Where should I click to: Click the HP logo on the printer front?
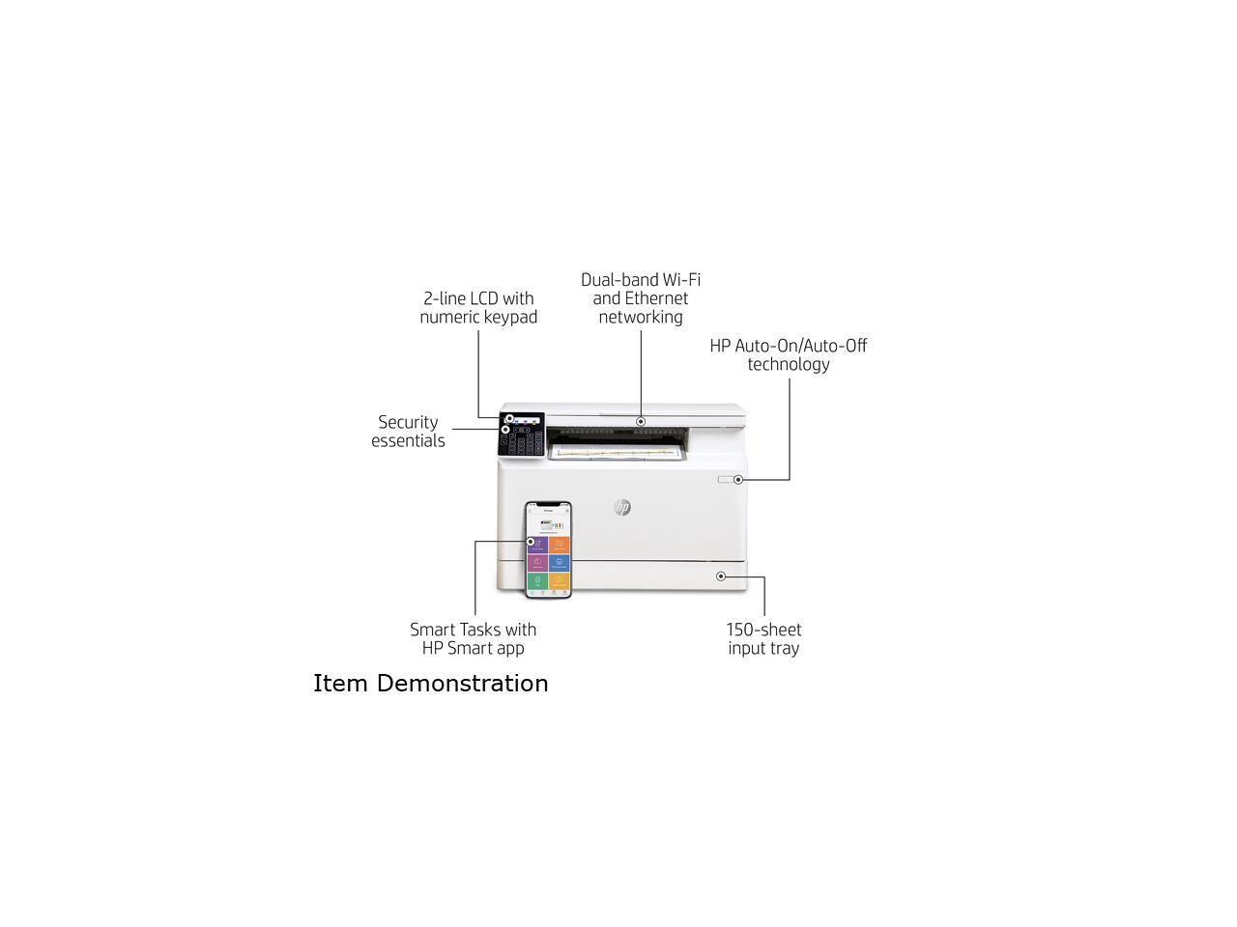(622, 508)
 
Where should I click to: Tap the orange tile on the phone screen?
(560, 545)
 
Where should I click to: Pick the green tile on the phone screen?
(537, 581)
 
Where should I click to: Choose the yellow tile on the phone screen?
(560, 581)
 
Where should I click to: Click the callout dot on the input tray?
(721, 576)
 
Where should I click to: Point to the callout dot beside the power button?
(738, 480)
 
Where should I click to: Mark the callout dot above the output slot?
(641, 422)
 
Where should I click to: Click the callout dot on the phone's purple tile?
(531, 542)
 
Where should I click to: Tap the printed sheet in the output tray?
(618, 451)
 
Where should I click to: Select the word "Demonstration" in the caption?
(462, 684)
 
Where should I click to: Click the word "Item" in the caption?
(340, 684)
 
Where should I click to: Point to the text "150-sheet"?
(763, 630)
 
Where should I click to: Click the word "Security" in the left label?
(408, 423)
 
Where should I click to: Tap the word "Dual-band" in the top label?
(618, 280)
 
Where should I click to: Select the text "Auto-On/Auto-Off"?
(801, 346)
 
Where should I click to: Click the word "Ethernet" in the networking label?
(656, 298)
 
